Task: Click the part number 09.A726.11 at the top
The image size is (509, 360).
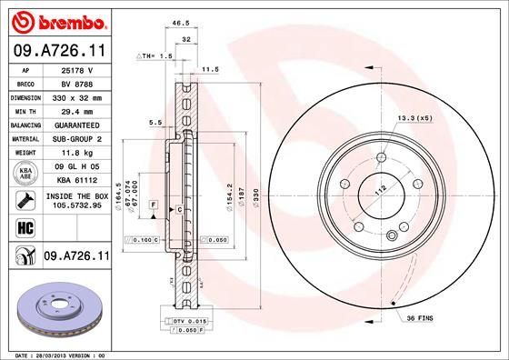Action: [x=60, y=51]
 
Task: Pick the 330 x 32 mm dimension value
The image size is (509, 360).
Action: [x=75, y=95]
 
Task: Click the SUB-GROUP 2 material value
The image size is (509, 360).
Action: [x=75, y=137]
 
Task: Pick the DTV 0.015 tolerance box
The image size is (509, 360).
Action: [x=189, y=323]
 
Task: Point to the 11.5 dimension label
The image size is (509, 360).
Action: [x=210, y=68]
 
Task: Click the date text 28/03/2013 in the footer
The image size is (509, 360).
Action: [x=55, y=354]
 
